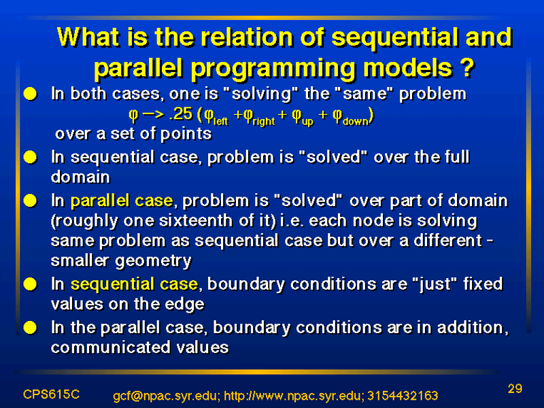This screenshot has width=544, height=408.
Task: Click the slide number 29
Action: click(x=515, y=388)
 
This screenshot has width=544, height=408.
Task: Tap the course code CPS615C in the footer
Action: click(x=52, y=394)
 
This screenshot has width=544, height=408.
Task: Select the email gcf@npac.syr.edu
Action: click(x=166, y=396)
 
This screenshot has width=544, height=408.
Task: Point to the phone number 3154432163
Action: click(x=403, y=396)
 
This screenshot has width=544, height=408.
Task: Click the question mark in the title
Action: click(x=468, y=67)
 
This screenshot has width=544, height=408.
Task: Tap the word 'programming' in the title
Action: click(x=273, y=69)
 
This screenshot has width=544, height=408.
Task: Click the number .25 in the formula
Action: click(x=180, y=114)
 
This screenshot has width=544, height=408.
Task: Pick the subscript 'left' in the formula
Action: click(x=220, y=121)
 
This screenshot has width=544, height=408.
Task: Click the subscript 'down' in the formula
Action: click(x=355, y=122)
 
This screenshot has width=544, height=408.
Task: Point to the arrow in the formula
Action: click(x=152, y=115)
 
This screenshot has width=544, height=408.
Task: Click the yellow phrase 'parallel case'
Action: click(x=122, y=201)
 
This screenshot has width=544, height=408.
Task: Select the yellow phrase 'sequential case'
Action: click(x=134, y=284)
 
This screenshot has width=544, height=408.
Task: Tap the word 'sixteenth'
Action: click(x=197, y=221)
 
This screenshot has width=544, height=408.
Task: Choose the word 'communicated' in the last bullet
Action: click(x=111, y=347)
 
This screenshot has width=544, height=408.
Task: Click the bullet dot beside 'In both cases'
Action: click(x=31, y=94)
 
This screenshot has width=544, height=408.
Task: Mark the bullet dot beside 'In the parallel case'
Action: click(x=31, y=328)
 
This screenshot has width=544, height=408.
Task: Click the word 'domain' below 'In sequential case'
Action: click(x=80, y=177)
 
